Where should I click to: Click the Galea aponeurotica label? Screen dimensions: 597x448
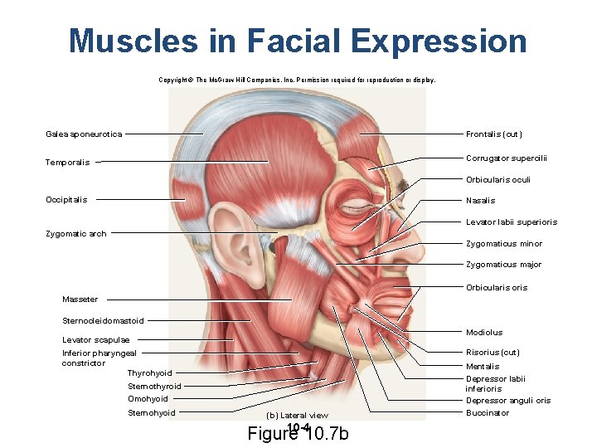coord(85,134)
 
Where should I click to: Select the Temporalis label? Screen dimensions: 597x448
coord(68,162)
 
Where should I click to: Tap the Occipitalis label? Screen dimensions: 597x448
coord(67,199)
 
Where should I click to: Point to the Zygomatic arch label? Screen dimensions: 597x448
coord(76,234)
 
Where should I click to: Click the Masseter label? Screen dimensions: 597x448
coord(80,299)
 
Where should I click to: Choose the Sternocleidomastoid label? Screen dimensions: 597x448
coord(103,321)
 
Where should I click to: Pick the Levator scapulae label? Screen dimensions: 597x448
coord(95,339)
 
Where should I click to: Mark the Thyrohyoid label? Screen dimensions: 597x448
coord(150,373)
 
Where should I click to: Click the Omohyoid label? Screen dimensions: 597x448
coord(148,399)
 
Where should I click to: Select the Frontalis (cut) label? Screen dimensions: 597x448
coord(494,134)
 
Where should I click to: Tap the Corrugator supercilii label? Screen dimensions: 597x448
coord(507,158)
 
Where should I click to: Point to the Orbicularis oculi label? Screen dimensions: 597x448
coord(498,180)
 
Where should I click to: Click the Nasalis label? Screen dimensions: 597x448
coord(481,201)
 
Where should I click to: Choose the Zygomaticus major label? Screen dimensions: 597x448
coord(504,265)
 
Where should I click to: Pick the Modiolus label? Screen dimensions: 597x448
coord(484,332)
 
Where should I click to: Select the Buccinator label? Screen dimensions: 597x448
coord(488,412)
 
